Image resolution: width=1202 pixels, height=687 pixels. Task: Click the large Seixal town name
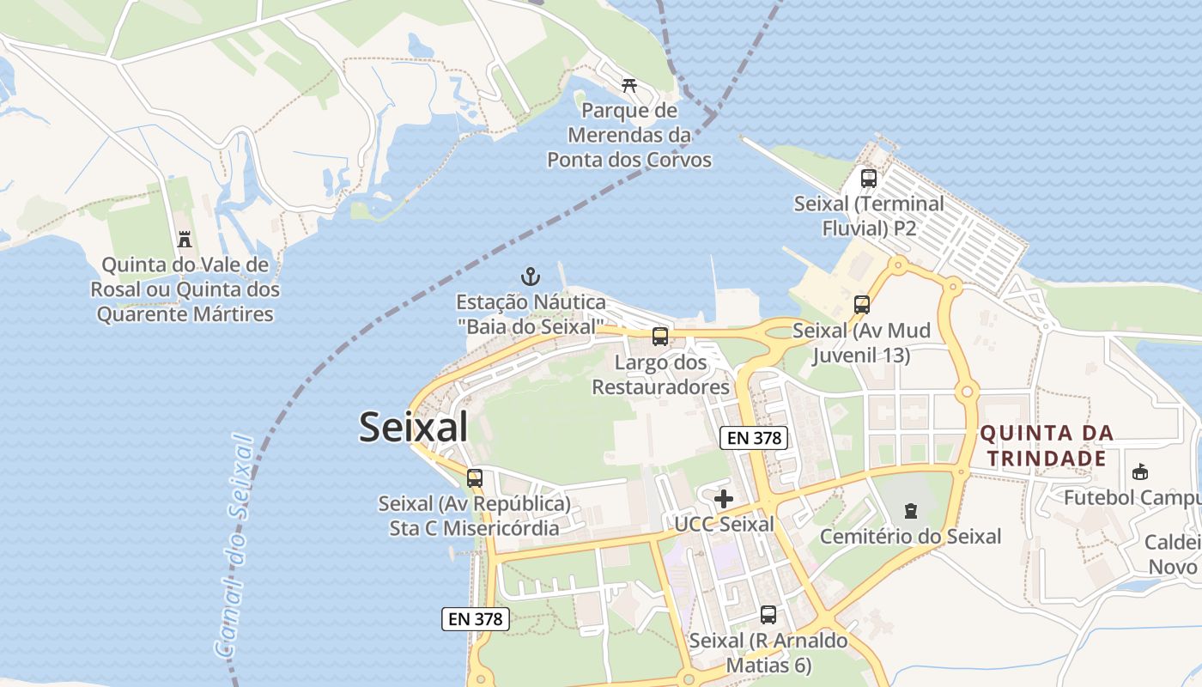coord(413,427)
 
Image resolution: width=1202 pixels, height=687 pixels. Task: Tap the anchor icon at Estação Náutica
coord(531,277)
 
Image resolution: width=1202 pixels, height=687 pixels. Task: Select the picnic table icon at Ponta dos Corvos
coord(629,85)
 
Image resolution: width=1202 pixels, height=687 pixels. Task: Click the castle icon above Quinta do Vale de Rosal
coord(184,239)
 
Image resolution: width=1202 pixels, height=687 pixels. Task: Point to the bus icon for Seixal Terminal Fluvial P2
coord(869,179)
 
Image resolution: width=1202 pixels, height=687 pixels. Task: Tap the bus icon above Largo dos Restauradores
coord(659,337)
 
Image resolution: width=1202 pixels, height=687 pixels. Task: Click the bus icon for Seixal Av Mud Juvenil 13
coord(861,305)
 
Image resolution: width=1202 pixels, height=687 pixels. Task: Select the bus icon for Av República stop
coord(475,478)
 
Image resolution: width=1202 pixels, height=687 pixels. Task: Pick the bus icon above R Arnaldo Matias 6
coord(768,615)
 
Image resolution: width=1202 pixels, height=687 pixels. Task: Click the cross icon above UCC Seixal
coord(724,499)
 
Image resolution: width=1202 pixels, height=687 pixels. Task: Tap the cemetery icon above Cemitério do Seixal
coord(910,512)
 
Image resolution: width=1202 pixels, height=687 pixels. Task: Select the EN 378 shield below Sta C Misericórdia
coord(476,618)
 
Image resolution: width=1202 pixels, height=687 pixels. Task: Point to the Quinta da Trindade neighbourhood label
coord(1047,446)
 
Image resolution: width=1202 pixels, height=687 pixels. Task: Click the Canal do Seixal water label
coord(235,547)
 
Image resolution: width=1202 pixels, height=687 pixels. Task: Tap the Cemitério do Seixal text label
coord(910,537)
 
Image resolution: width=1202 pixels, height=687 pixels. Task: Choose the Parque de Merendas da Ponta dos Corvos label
coord(629,136)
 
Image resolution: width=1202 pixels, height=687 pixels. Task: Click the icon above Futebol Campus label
coord(1140,472)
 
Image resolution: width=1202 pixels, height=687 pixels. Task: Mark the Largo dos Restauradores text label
coord(661,374)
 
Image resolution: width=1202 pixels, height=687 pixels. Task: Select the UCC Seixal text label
coord(724,524)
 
